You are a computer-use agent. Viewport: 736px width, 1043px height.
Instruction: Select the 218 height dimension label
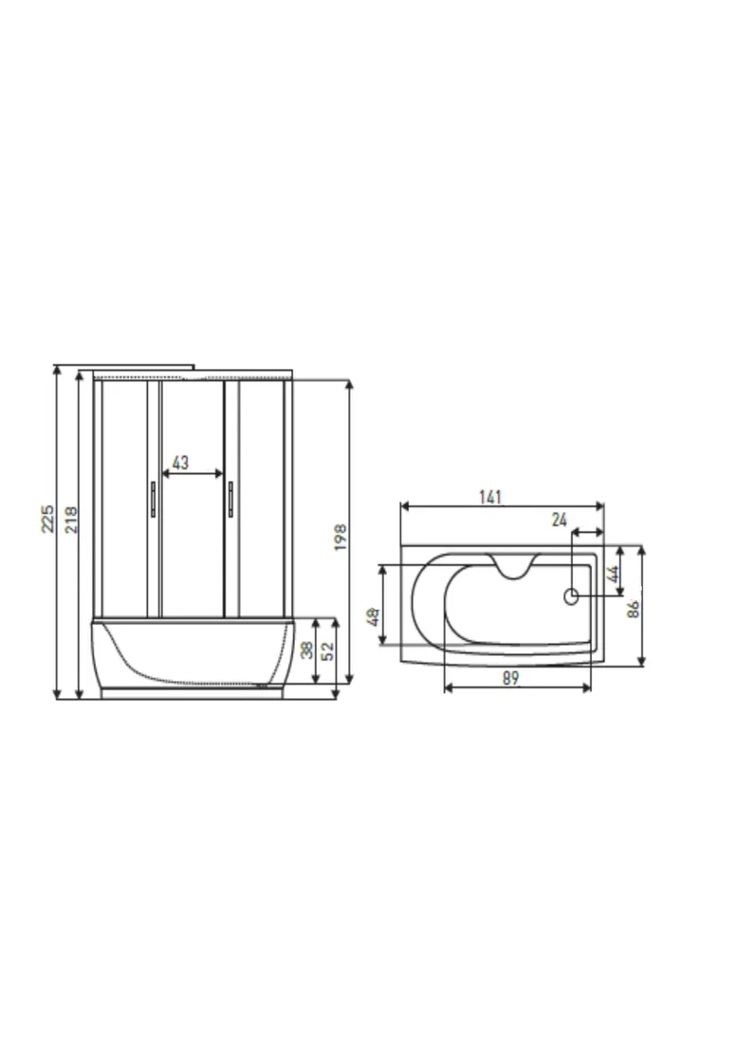pos(71,520)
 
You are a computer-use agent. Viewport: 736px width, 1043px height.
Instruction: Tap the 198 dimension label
pos(340,537)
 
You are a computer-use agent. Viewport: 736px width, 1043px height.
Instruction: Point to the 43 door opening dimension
pos(180,462)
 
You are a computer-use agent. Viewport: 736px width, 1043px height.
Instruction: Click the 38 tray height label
pos(306,650)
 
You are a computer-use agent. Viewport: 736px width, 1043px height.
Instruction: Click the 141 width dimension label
pos(490,497)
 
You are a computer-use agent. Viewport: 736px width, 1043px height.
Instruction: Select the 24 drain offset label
pos(559,520)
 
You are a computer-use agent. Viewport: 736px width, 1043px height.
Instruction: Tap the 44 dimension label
pos(614,574)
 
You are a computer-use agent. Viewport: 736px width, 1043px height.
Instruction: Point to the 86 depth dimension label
pos(634,609)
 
